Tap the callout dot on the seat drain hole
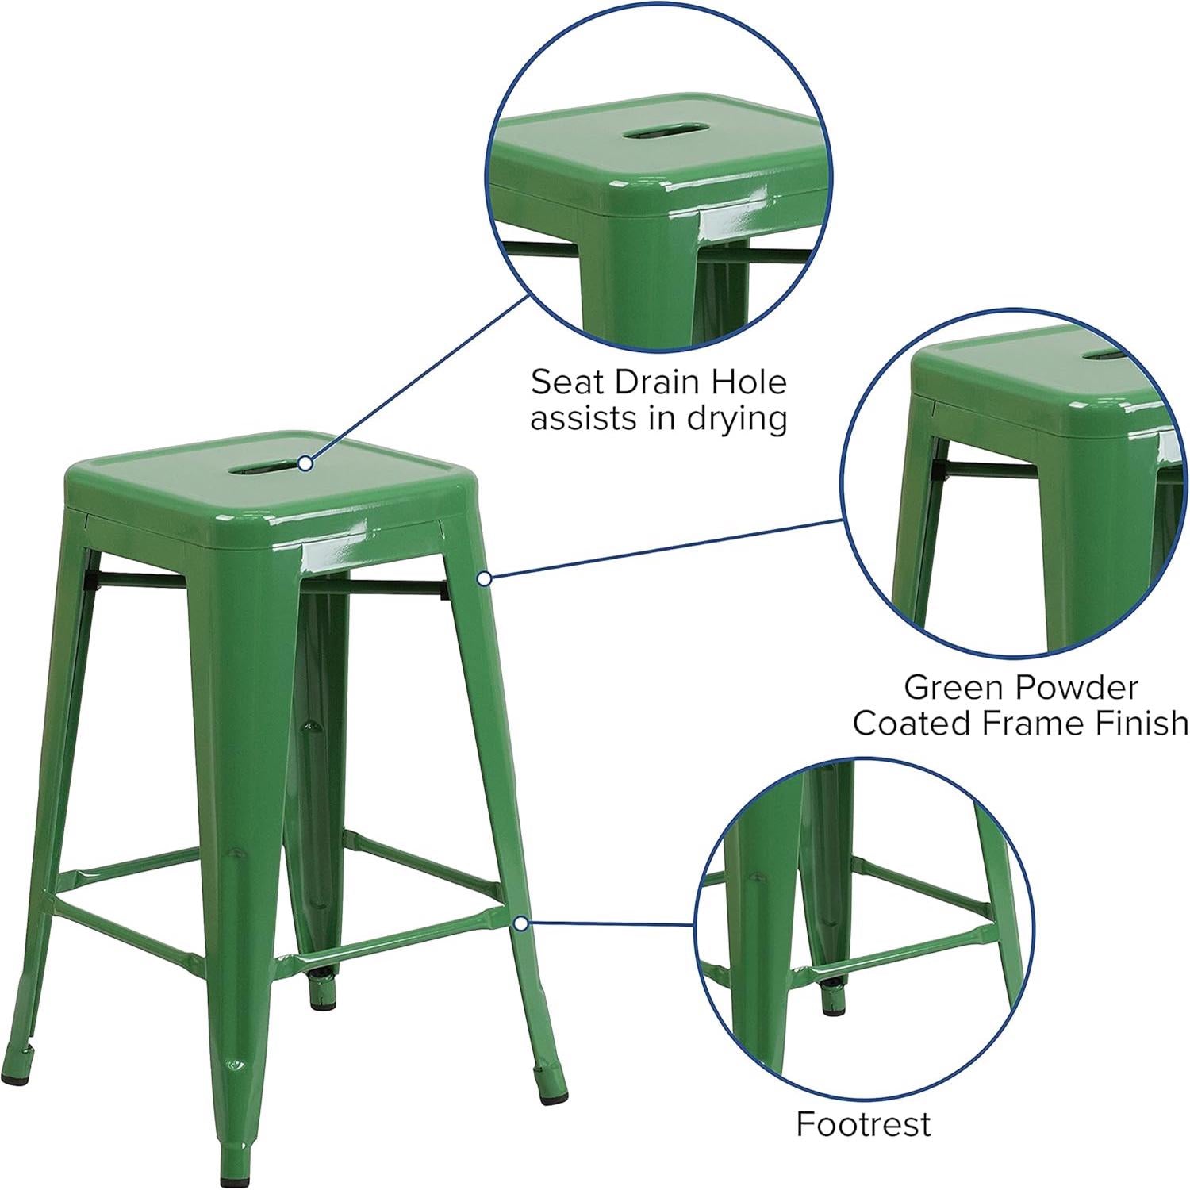click(x=305, y=463)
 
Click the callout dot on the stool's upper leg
click(x=484, y=580)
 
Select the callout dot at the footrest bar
click(x=521, y=923)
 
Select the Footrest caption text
click(x=863, y=1123)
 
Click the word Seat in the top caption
click(x=562, y=382)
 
